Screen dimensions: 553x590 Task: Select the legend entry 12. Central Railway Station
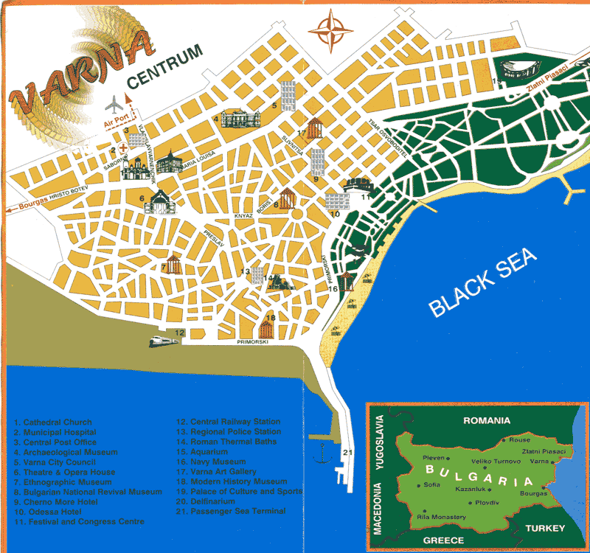(228, 422)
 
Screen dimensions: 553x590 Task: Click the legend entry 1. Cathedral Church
(52, 422)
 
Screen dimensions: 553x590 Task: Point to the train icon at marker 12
(161, 341)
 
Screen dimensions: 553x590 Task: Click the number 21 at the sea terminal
(347, 453)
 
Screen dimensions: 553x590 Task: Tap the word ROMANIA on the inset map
(486, 421)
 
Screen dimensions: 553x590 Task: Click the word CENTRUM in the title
(164, 74)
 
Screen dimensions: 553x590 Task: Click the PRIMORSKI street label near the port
(252, 343)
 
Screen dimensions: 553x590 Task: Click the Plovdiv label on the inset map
(490, 504)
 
